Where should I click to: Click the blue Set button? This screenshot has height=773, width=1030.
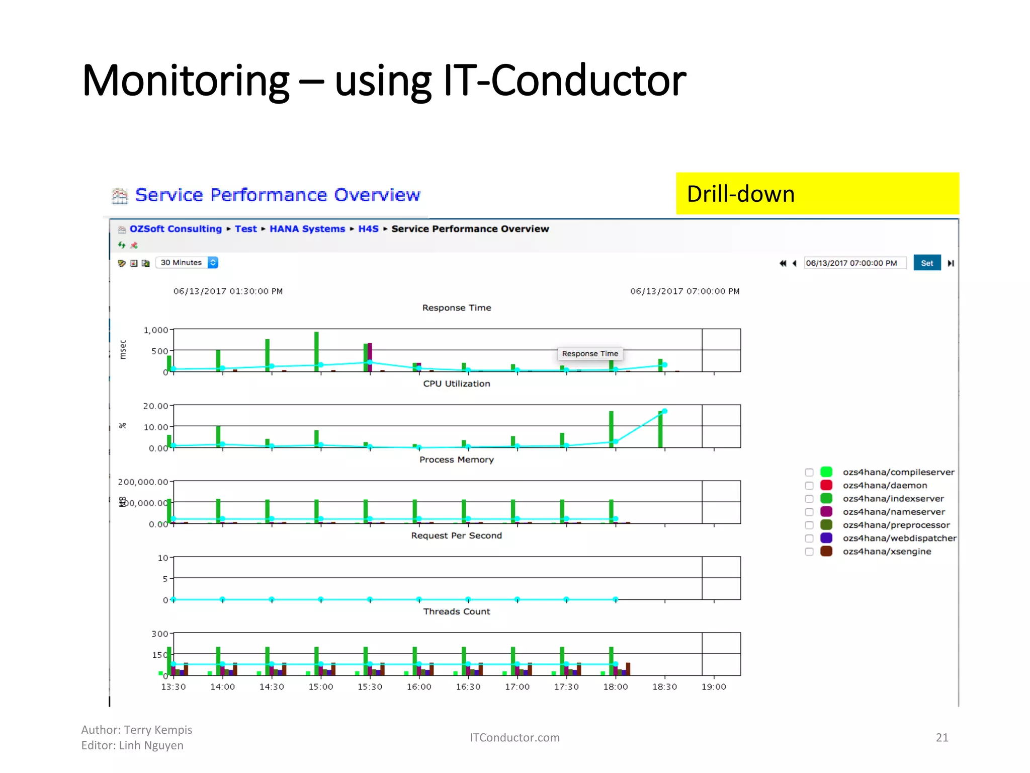point(926,263)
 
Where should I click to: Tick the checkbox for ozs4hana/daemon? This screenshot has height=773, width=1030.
point(809,486)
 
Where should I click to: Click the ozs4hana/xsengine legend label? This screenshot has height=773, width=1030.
point(887,552)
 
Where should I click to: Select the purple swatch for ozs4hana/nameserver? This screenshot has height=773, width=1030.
point(826,512)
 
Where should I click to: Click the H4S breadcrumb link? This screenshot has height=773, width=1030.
point(368,229)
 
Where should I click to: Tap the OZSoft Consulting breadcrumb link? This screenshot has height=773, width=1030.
point(176,229)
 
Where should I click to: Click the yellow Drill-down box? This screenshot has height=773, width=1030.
point(817,194)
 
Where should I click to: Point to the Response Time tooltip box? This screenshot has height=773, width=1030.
point(590,354)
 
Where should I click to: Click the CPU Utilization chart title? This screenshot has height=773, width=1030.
point(456,384)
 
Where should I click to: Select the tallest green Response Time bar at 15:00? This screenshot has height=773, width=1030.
point(316,351)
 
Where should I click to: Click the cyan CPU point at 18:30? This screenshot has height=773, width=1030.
point(664,411)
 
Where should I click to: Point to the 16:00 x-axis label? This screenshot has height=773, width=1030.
point(419,687)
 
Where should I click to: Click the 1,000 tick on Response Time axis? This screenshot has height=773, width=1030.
point(156,330)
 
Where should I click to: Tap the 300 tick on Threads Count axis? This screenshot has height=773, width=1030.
point(159,634)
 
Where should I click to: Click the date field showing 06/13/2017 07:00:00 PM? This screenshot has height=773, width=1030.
point(854,263)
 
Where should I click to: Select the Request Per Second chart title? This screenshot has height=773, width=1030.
point(456,536)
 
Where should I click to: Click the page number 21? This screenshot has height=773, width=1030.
point(941,738)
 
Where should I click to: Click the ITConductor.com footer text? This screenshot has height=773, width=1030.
point(514,738)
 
